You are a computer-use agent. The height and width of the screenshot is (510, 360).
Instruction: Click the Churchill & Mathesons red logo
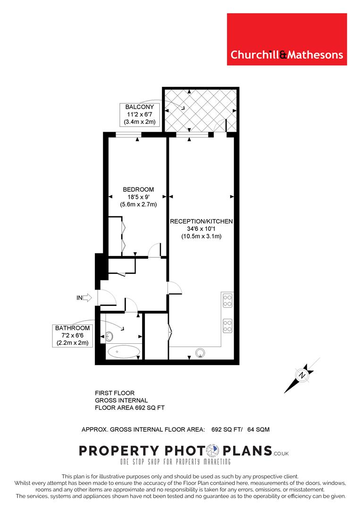pyautogui.click(x=287, y=39)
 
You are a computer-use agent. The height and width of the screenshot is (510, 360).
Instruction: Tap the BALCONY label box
pyautogui.click(x=140, y=114)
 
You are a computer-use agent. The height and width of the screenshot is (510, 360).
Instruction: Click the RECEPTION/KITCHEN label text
pyautogui.click(x=201, y=221)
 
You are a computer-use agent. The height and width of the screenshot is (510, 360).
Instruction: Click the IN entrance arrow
pyautogui.click(x=87, y=297)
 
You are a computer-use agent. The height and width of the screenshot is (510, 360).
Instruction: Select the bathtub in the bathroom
pyautogui.click(x=123, y=352)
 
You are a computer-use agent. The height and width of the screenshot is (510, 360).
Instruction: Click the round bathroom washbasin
pyautogui.click(x=109, y=336)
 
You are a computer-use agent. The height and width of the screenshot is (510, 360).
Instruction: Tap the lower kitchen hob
pyautogui.click(x=227, y=325)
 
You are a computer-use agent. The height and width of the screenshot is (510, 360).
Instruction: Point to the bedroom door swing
pyautogui.click(x=154, y=250)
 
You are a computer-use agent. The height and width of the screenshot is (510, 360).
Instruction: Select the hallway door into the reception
pyautogui.click(x=174, y=288)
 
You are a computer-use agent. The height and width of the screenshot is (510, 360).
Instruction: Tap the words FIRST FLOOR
pyautogui.click(x=115, y=393)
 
